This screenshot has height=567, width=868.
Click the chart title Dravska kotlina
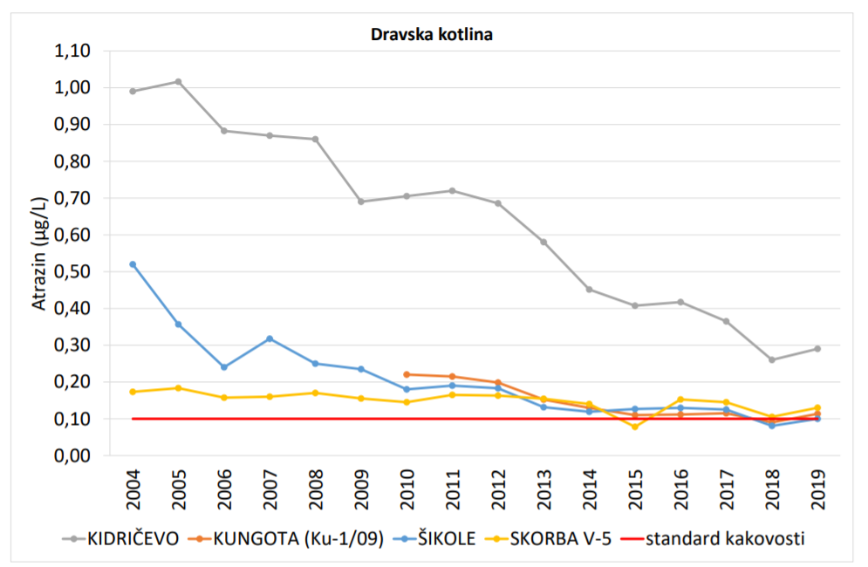[x=434, y=36]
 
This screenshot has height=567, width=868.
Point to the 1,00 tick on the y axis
[x=73, y=88]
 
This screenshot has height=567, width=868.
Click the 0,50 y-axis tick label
[x=73, y=271]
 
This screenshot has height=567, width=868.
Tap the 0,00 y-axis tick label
[x=73, y=455]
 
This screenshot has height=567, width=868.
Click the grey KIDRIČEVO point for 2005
[x=178, y=82]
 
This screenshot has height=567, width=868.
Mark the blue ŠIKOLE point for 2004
[x=133, y=264]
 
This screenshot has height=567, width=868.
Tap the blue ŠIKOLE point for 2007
[x=270, y=338]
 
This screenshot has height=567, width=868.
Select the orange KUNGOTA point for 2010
[x=407, y=374]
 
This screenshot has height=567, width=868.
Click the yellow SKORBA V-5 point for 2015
[x=635, y=427]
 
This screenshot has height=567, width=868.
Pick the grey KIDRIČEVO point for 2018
[x=772, y=359]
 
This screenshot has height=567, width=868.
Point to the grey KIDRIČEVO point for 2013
[x=543, y=242]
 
